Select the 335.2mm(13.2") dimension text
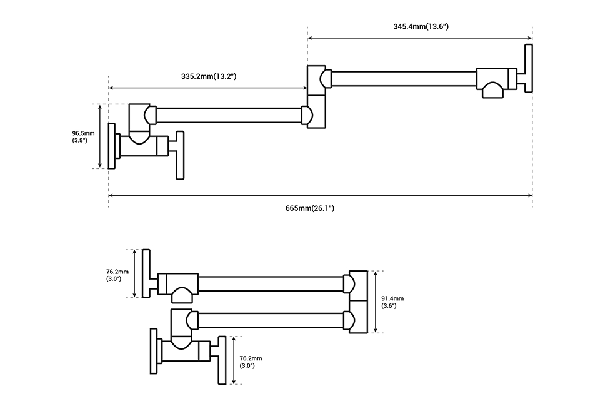[x=208, y=76]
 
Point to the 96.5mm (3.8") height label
[x=83, y=136]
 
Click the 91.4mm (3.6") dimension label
[x=392, y=302]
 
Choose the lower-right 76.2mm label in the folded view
[x=251, y=362]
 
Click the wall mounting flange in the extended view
[x=112, y=146]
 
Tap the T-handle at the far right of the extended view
[x=529, y=68]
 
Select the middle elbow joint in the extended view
[x=317, y=97]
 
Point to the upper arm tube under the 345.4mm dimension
[x=403, y=79]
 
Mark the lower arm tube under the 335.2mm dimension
[x=228, y=114]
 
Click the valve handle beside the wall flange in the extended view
[x=181, y=155]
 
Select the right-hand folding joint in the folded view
[x=358, y=303]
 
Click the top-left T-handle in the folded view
[x=146, y=273]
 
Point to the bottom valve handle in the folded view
[x=221, y=360]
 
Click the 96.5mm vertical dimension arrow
[x=100, y=136]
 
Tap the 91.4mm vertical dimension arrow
[x=374, y=302]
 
